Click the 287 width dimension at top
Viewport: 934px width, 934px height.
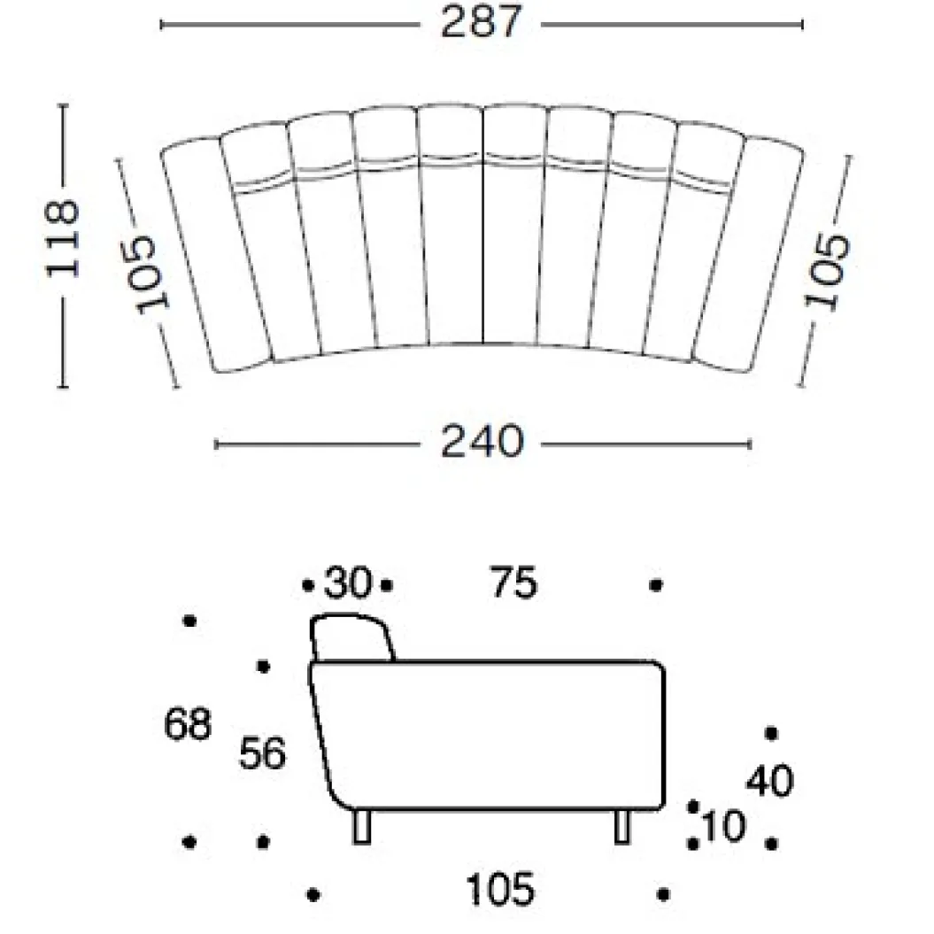coord(481,23)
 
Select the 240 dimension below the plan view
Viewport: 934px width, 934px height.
coord(482,442)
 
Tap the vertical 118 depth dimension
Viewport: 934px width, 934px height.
coord(63,238)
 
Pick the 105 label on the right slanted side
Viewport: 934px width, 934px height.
coord(828,271)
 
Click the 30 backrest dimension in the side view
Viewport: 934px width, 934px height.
coord(348,583)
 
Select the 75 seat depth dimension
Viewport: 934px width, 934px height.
coord(513,583)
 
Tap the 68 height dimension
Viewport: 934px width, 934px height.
coord(188,724)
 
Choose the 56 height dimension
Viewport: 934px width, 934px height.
coord(262,753)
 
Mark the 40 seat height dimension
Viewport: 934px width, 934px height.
coord(769,780)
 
